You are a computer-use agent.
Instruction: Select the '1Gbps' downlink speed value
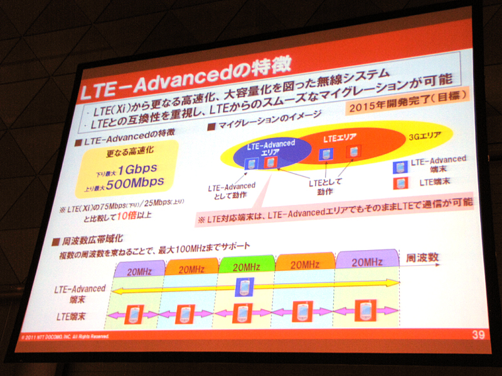134,169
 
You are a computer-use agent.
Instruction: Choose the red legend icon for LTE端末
400,183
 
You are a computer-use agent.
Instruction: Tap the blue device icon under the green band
244,288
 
